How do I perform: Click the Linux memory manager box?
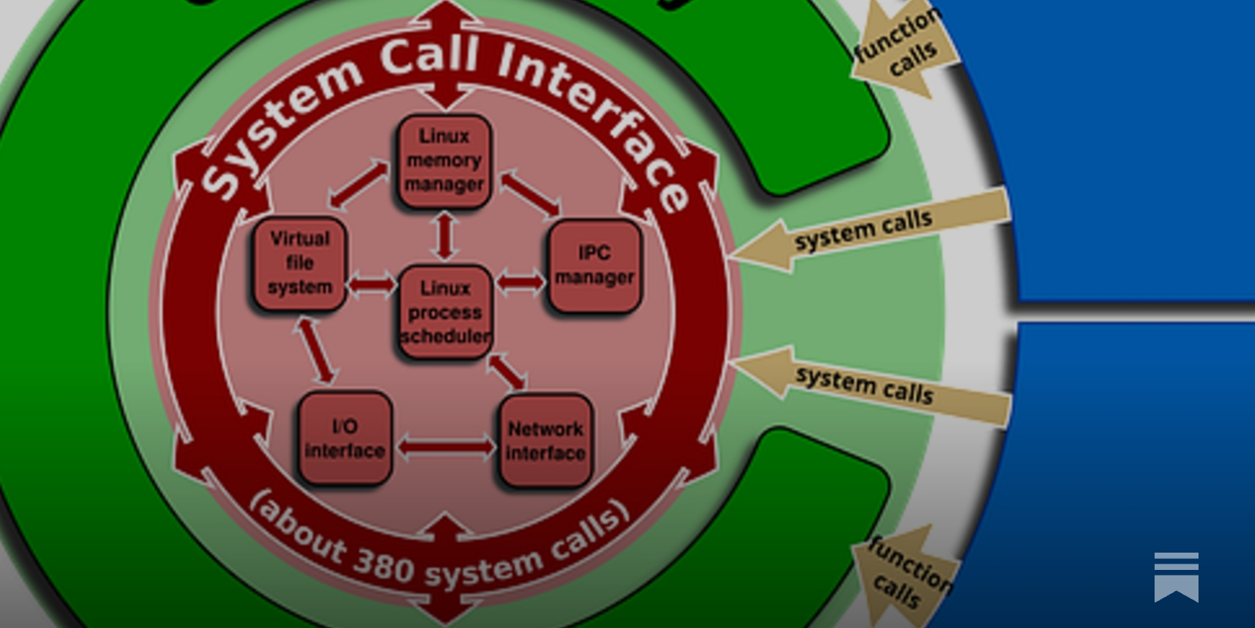(x=444, y=161)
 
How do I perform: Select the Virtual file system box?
(x=299, y=263)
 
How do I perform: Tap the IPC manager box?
(x=594, y=265)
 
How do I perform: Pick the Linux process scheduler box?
(x=445, y=312)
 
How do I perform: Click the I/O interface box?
(x=344, y=438)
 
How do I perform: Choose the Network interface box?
(x=545, y=440)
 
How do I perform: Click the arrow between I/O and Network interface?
(x=446, y=447)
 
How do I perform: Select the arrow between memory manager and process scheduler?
(x=446, y=235)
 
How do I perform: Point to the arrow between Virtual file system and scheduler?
(x=372, y=284)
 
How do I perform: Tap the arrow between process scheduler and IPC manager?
(x=520, y=281)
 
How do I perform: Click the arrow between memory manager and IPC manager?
(x=530, y=192)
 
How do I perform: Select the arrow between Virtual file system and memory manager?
(x=358, y=186)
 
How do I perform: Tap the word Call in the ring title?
(x=429, y=57)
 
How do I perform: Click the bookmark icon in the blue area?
(x=1176, y=577)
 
